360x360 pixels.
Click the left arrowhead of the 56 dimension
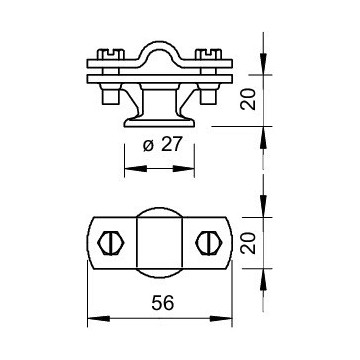click(x=92, y=320)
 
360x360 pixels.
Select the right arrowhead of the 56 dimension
click(x=229, y=320)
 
